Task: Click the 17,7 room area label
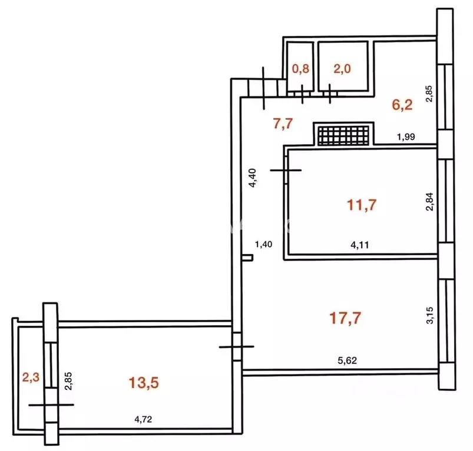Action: [x=345, y=318]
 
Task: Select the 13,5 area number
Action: [x=144, y=383]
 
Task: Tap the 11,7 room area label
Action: [x=362, y=205]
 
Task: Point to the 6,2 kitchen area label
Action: [x=402, y=105]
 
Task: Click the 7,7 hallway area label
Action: [x=283, y=123]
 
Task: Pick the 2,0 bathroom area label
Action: [x=342, y=69]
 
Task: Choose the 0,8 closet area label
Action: [x=300, y=69]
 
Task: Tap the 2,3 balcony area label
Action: [x=31, y=377]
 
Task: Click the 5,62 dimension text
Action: [x=347, y=360]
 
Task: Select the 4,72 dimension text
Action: [x=143, y=419]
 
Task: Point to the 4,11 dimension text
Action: [x=360, y=245]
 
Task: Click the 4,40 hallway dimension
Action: [x=252, y=178]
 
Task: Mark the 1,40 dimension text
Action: [x=264, y=244]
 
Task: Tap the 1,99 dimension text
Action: [x=406, y=137]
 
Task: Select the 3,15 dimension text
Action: [x=429, y=315]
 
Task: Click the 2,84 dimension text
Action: [x=429, y=202]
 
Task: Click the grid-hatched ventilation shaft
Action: [x=343, y=135]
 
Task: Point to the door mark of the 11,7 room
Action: [x=286, y=171]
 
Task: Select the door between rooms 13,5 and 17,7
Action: [x=237, y=346]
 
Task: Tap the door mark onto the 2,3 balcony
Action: [x=51, y=405]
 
